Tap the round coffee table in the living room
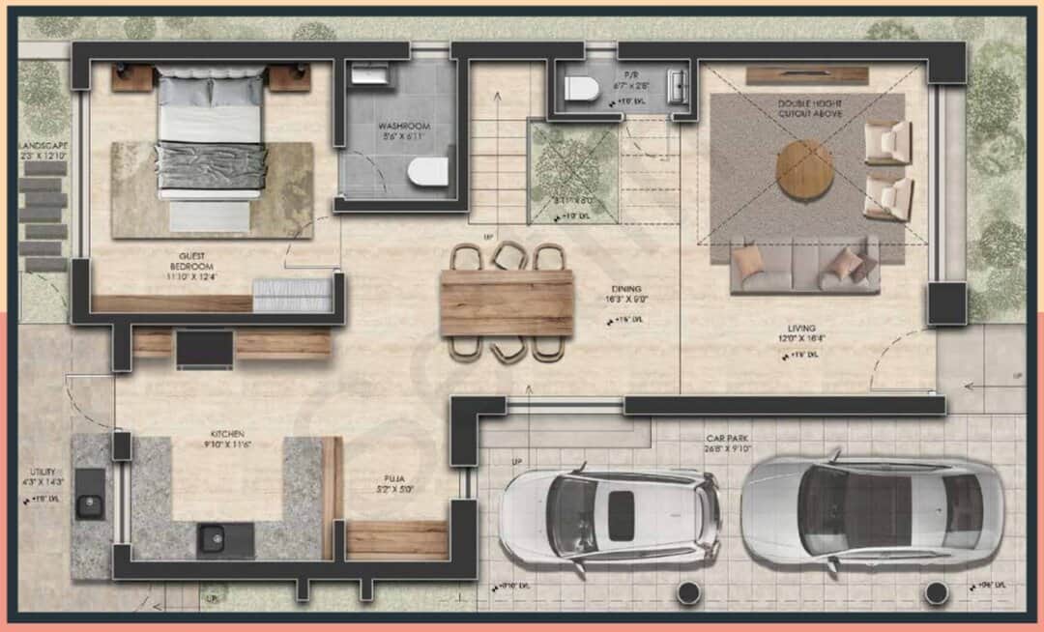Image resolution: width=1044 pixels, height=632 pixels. tap(804, 169)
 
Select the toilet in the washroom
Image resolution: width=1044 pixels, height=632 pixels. tap(427, 172)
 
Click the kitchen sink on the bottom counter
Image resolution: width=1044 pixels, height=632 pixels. tap(212, 537)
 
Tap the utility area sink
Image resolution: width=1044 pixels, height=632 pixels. tap(90, 504)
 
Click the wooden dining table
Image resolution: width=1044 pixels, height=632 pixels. tap(507, 302)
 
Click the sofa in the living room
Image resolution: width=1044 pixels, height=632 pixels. tap(804, 266)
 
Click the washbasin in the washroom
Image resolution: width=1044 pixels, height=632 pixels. tap(367, 75)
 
